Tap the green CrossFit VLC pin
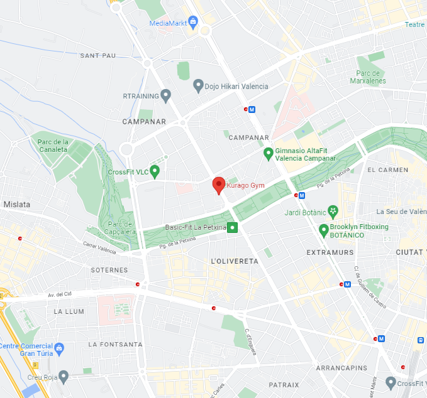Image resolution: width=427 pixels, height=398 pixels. (x=154, y=171)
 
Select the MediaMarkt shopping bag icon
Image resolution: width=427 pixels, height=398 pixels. (x=192, y=23)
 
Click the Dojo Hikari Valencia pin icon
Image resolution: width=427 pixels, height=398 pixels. (x=198, y=85)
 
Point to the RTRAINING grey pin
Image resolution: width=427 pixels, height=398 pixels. (x=166, y=95)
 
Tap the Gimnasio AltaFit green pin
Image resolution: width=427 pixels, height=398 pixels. (x=268, y=153)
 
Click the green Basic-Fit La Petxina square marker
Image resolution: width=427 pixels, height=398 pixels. (x=233, y=227)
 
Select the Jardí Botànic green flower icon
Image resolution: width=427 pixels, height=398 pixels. (x=333, y=211)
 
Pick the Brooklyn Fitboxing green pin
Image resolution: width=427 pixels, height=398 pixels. (x=324, y=230)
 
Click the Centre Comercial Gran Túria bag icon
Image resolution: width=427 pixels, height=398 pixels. (x=59, y=347)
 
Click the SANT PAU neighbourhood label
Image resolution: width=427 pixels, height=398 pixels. (x=98, y=56)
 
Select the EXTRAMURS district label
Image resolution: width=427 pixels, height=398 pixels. (x=330, y=252)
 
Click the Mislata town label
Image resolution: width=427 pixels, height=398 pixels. (x=17, y=204)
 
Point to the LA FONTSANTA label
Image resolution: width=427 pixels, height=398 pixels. (x=115, y=345)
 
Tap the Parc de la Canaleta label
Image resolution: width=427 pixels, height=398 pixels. (x=52, y=146)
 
